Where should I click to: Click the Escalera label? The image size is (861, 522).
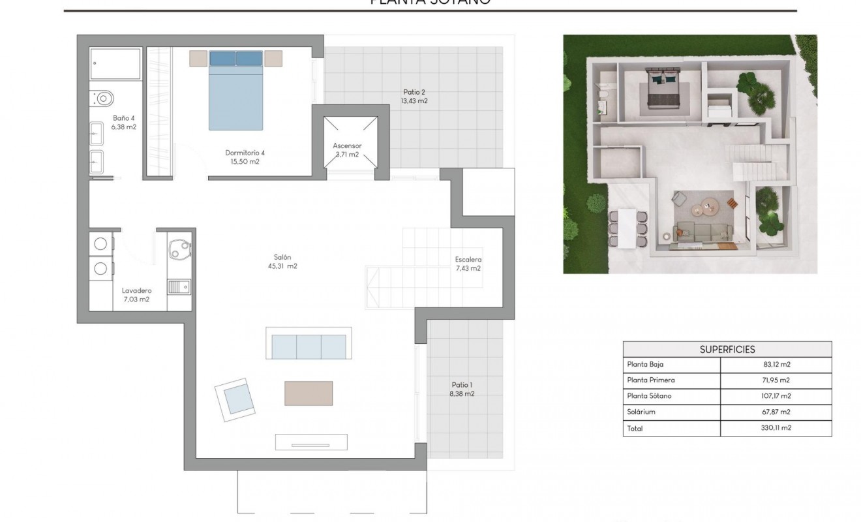(468, 259)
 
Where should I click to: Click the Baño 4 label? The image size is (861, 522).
(123, 118)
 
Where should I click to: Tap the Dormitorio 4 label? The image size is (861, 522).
(245, 153)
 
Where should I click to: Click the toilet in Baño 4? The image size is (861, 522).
(102, 98)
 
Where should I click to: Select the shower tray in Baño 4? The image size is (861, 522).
(115, 64)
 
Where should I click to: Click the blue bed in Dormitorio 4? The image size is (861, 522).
(235, 91)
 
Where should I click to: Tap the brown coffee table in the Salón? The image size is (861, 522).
(308, 393)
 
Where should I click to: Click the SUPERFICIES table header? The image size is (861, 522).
(727, 350)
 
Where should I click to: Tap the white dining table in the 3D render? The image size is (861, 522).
(626, 229)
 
